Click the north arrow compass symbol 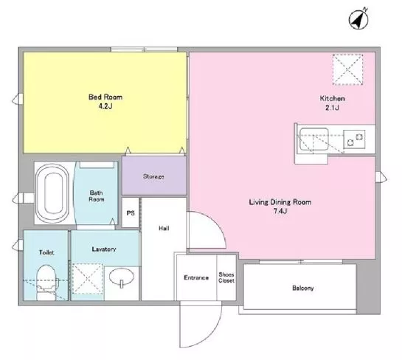pyautogui.click(x=358, y=18)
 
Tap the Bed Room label pyautogui.click(x=105, y=97)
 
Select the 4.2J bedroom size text pyautogui.click(x=105, y=106)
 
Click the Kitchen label pyautogui.click(x=332, y=98)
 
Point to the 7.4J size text pyautogui.click(x=280, y=211)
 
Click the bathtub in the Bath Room pyautogui.click(x=52, y=193)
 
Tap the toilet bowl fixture pyautogui.click(x=46, y=282)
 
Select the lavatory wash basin pyautogui.click(x=121, y=277)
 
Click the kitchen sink pyautogui.click(x=313, y=139)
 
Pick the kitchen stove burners pyautogui.click(x=354, y=139)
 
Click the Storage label pyautogui.click(x=153, y=176)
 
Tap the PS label pyautogui.click(x=131, y=213)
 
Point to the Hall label pyautogui.click(x=164, y=228)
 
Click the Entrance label pyautogui.click(x=196, y=277)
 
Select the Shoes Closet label pyautogui.click(x=226, y=277)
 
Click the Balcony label pyautogui.click(x=302, y=288)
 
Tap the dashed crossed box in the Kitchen pyautogui.click(x=347, y=69)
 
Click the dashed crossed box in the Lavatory pyautogui.click(x=88, y=279)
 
